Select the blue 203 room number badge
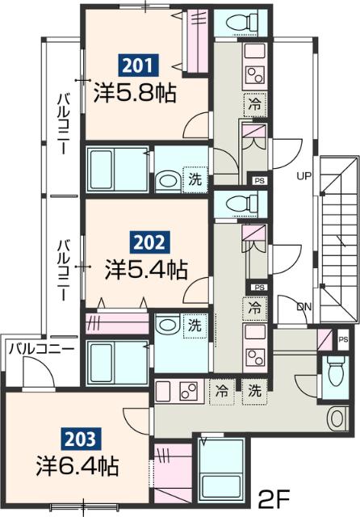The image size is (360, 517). (x=84, y=439)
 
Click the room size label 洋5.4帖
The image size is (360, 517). (x=146, y=269)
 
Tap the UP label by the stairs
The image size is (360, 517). (x=303, y=175)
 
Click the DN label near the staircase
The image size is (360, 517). (x=303, y=308)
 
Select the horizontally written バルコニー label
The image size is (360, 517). (x=40, y=349)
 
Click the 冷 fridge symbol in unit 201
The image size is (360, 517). (x=253, y=103)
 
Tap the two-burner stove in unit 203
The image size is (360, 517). (x=189, y=392)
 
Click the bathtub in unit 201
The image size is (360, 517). (x=116, y=169)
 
